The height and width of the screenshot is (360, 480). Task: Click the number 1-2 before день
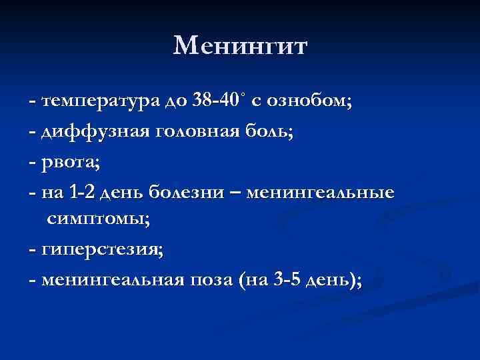(x=87, y=193)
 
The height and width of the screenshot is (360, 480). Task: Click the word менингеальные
(x=321, y=193)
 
